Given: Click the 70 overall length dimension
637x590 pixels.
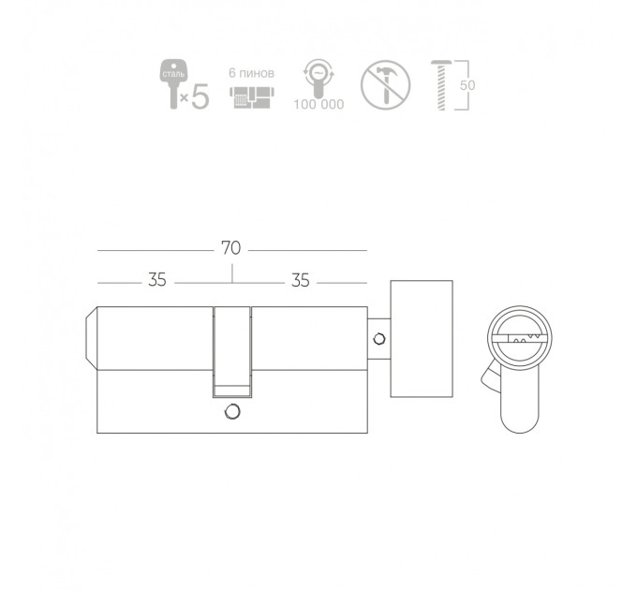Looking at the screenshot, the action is pyautogui.click(x=230, y=247).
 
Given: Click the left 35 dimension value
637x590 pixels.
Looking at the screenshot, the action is pyautogui.click(x=156, y=280).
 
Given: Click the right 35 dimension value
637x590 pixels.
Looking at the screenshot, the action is pyautogui.click(x=301, y=280).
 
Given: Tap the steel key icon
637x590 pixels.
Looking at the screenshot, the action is pyautogui.click(x=173, y=83).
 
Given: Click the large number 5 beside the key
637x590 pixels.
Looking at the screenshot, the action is pyautogui.click(x=200, y=96).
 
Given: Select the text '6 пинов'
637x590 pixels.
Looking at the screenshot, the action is pyautogui.click(x=251, y=73).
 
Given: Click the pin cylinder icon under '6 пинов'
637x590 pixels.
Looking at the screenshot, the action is pyautogui.click(x=252, y=97).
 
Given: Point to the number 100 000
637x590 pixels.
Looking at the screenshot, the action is pyautogui.click(x=318, y=104).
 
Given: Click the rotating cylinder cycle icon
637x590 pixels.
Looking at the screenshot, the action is pyautogui.click(x=318, y=79).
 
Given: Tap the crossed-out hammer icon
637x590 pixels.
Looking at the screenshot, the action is pyautogui.click(x=385, y=84).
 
